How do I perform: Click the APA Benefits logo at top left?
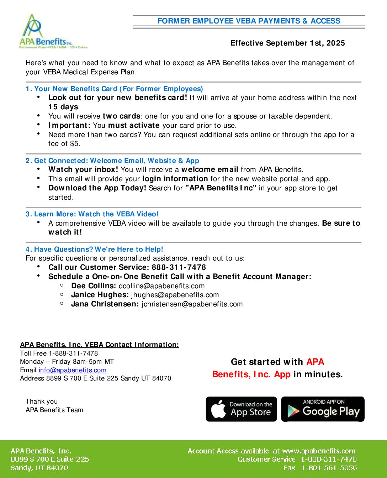(x=53, y=32)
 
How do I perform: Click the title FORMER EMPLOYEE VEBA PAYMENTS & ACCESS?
(x=249, y=21)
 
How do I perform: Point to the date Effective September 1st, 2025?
(x=287, y=43)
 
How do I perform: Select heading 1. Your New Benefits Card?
(x=114, y=89)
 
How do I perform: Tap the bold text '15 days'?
(x=63, y=107)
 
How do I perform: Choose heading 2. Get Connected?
(x=112, y=161)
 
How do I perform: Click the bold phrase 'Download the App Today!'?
(x=97, y=188)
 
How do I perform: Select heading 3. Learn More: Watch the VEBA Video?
(x=92, y=214)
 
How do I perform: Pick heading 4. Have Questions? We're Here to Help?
(x=94, y=249)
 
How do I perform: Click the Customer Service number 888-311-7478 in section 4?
(x=179, y=267)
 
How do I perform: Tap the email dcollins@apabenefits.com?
(x=161, y=286)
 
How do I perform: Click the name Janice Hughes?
(x=100, y=295)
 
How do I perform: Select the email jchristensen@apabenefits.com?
(x=192, y=304)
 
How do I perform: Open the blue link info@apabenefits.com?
(x=73, y=370)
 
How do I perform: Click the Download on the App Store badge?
(x=241, y=409)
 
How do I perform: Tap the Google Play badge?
(x=323, y=409)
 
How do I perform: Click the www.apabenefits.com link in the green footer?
(x=319, y=451)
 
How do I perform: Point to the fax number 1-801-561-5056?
(x=329, y=468)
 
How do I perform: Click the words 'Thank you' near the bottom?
(x=42, y=401)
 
